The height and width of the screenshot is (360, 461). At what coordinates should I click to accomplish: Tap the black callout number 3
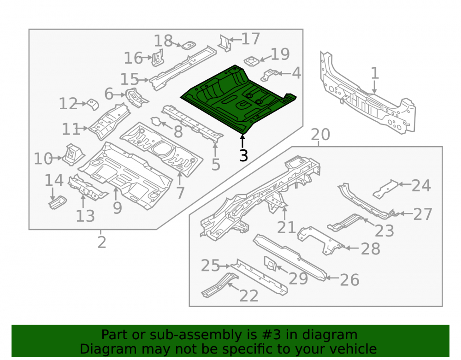coord(243,155)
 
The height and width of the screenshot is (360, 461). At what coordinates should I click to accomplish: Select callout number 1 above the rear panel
coord(374,73)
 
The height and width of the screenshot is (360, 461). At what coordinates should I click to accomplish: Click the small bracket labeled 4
coord(270,75)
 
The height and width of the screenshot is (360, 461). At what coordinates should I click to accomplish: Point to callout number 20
coord(320,135)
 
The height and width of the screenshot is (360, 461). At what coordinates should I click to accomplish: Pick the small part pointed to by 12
coord(93,104)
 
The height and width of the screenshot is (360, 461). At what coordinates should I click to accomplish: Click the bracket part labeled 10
coord(73,154)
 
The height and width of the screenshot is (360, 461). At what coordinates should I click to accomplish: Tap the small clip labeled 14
coord(58,202)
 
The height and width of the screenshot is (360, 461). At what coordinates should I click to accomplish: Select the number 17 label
coord(250,39)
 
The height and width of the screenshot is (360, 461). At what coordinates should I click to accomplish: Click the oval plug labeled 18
coord(189,46)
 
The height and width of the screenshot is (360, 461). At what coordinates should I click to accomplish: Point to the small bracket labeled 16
coord(158,58)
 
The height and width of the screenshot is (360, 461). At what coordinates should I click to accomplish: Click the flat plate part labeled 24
coord(385,189)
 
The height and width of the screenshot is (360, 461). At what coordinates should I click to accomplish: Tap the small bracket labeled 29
coord(270,263)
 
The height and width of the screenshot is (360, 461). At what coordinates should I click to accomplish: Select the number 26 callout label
coord(349,280)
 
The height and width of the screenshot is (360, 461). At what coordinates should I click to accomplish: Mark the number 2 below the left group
coord(102,242)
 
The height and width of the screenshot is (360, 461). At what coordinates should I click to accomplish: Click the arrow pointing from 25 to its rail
coord(225,266)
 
